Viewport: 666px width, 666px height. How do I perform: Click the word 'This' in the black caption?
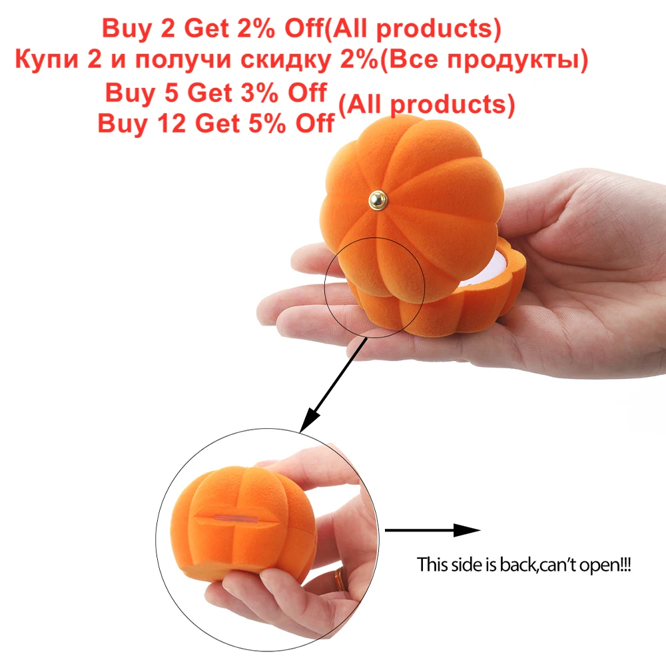[x=430, y=565]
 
